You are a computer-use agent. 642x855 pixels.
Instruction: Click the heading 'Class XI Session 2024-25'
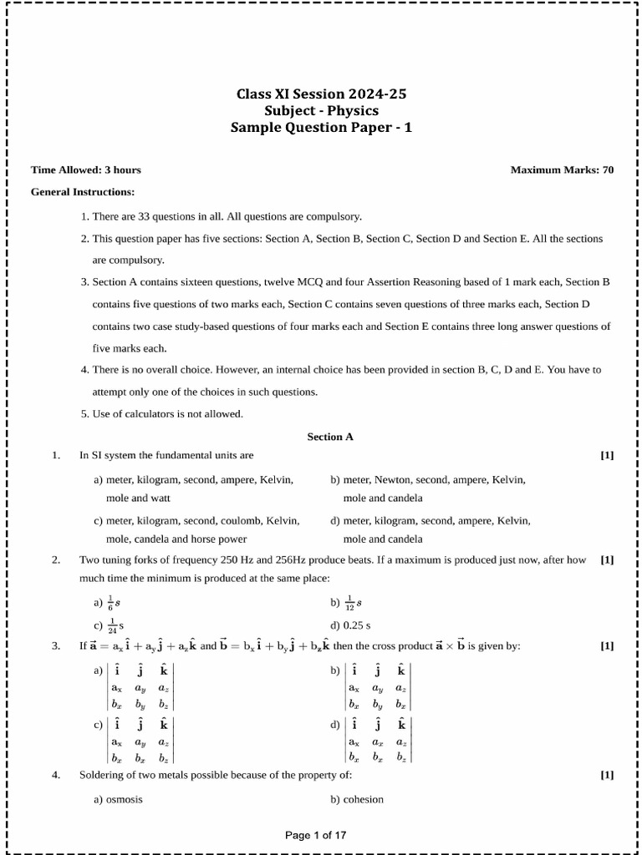(322, 94)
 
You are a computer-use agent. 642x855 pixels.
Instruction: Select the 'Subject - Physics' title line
(322, 111)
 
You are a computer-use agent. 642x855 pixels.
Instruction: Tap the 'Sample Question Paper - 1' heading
(322, 128)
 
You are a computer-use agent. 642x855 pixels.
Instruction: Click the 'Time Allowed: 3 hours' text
(86, 169)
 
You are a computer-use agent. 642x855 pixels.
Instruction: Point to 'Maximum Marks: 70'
(562, 169)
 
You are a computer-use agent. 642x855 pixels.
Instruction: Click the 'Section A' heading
(330, 436)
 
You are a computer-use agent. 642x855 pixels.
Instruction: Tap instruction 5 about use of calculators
(168, 413)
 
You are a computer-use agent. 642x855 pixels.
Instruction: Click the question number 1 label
(56, 455)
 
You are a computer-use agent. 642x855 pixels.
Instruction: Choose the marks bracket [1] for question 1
(607, 455)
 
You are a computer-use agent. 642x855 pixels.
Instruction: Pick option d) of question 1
(430, 529)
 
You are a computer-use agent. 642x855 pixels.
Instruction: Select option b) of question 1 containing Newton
(427, 488)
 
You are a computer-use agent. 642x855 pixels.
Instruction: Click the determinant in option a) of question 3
(140, 688)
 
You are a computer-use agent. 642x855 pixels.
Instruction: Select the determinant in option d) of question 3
(379, 740)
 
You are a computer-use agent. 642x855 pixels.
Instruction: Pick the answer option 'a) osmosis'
(118, 799)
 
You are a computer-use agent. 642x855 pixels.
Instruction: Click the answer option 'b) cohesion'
(357, 799)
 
